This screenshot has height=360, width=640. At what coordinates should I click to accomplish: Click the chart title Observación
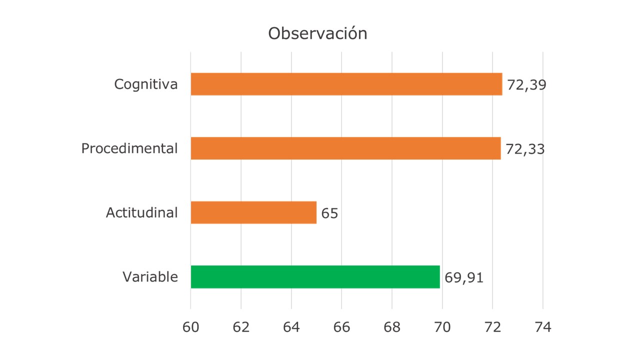[x=317, y=33]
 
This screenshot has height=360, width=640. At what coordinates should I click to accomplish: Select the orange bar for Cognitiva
[x=346, y=84]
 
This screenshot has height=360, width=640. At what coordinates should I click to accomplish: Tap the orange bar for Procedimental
[x=345, y=148]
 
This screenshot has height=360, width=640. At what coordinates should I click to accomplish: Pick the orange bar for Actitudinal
[x=253, y=212]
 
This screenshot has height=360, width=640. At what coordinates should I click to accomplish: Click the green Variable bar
[x=315, y=277]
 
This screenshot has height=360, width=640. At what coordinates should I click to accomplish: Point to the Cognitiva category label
[x=145, y=84]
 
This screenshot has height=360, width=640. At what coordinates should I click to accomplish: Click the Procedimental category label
[x=129, y=148]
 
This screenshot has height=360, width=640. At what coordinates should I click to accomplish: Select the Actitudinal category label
[x=141, y=212]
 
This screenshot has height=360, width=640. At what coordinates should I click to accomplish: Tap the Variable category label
[x=150, y=276]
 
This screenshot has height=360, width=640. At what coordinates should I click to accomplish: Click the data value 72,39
[x=526, y=85]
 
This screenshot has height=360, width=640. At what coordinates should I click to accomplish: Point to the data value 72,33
[x=525, y=149]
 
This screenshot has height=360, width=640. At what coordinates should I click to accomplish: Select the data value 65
[x=329, y=213]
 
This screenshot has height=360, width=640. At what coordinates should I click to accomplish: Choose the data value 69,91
[x=464, y=277]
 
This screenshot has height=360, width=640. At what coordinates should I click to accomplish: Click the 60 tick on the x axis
[x=190, y=327]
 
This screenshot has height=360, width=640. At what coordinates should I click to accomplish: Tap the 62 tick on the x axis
[x=241, y=327]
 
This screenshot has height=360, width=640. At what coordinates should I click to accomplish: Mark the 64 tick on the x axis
[x=291, y=327]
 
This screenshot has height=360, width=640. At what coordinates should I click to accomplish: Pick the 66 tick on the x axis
[x=341, y=327]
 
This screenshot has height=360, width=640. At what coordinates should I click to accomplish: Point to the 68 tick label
[x=392, y=327]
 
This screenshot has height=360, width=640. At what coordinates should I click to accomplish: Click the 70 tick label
[x=442, y=327]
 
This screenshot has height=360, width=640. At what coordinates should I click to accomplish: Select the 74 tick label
[x=543, y=327]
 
